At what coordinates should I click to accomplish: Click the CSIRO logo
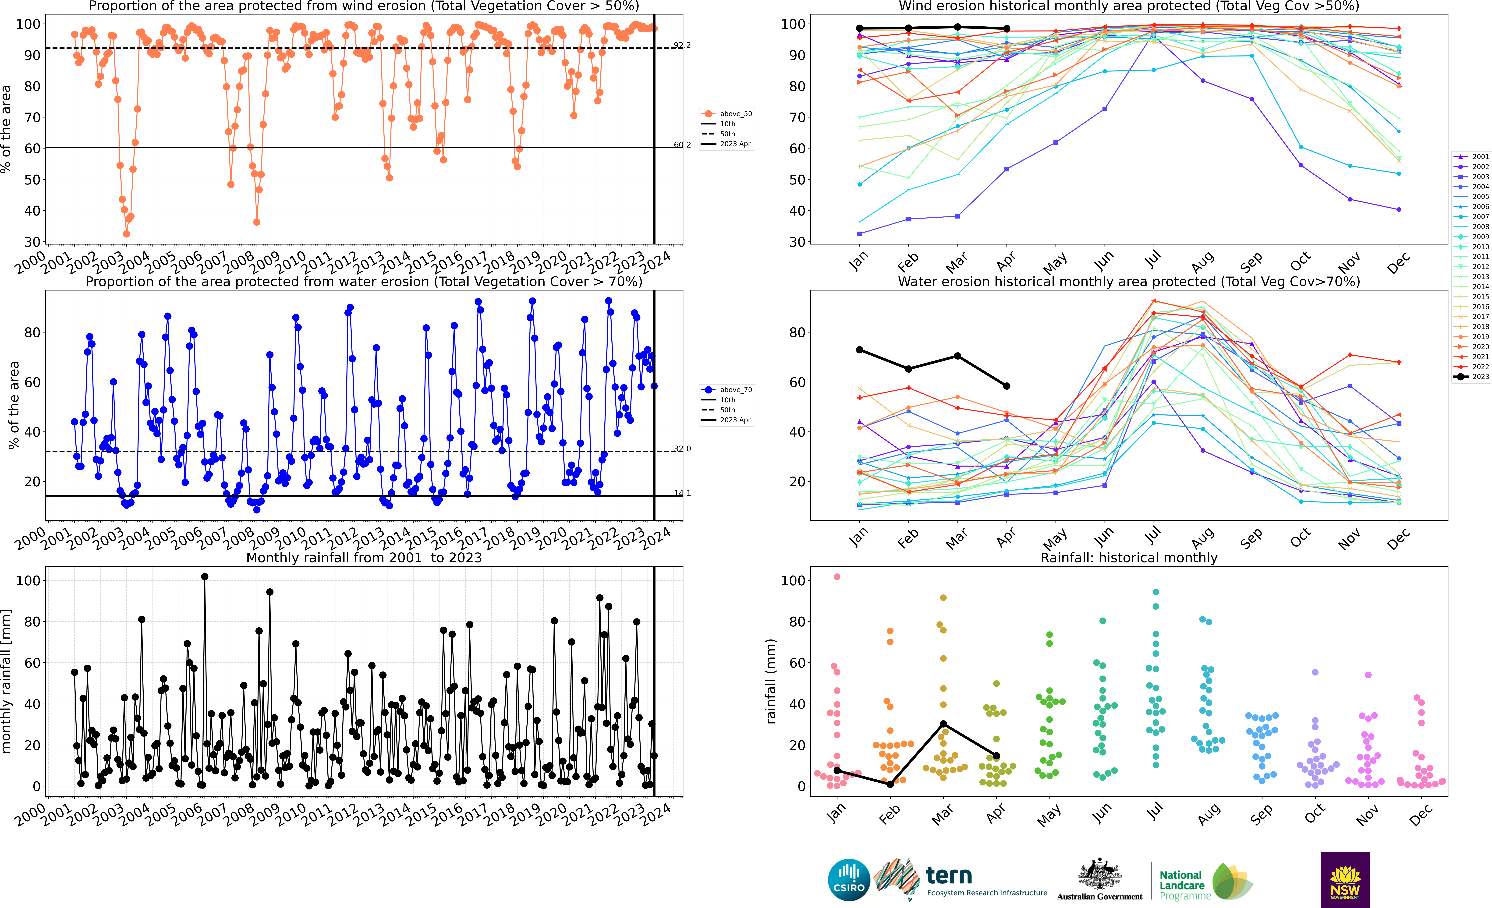point(848,880)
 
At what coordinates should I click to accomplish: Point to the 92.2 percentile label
point(682,45)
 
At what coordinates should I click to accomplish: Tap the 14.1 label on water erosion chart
point(682,493)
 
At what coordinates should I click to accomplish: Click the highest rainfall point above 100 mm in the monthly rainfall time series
point(205,577)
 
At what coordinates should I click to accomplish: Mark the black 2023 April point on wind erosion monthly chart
point(1006,28)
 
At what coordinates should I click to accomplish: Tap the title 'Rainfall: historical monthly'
point(1129,558)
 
